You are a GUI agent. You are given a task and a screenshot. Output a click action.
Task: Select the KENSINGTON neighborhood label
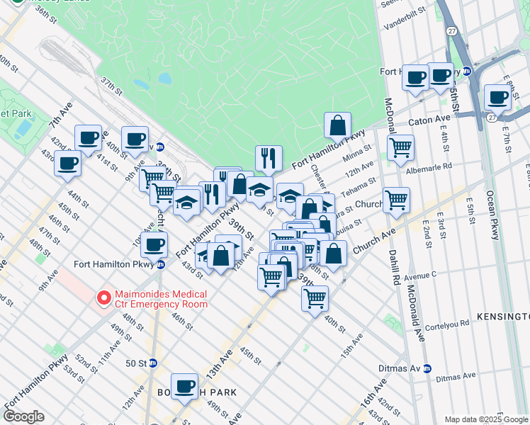502,316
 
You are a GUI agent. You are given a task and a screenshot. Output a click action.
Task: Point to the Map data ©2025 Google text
486,419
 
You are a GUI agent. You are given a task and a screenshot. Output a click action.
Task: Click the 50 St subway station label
136,363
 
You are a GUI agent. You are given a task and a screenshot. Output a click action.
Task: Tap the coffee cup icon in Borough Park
185,386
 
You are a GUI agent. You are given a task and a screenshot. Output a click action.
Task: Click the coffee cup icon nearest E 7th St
498,98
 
